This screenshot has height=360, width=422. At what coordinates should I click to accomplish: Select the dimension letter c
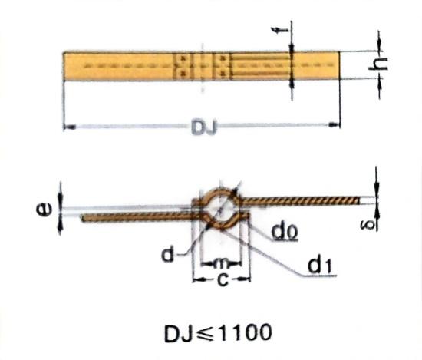222,280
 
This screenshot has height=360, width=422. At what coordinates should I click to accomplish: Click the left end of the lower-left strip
83,219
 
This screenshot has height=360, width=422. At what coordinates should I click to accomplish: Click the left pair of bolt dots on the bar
182,65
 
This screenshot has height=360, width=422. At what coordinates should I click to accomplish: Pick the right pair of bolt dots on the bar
221,65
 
